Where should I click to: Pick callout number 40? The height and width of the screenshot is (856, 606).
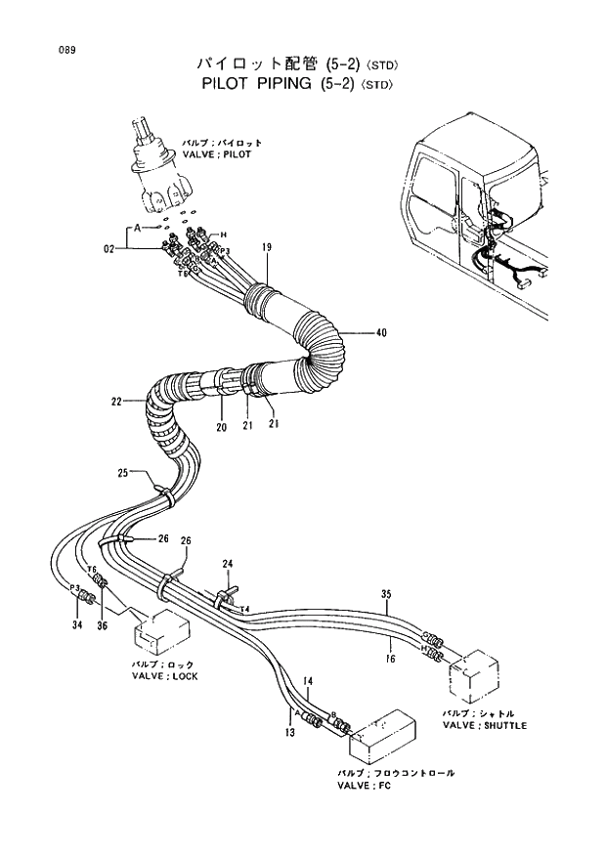(381, 332)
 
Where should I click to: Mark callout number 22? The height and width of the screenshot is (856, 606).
(116, 401)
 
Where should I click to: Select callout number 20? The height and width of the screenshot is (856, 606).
(221, 427)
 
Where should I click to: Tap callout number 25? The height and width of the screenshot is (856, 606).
(123, 473)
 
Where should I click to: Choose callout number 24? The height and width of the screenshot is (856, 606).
(228, 563)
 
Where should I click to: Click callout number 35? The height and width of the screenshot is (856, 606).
(386, 593)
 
